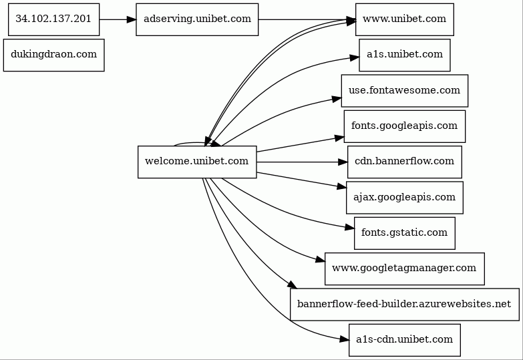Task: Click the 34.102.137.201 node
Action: coord(53,19)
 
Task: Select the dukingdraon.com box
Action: coord(53,55)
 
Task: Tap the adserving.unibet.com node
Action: coord(197,19)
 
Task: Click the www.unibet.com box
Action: coord(405,19)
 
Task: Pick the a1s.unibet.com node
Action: coord(405,55)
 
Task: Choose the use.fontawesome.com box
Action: coord(405,91)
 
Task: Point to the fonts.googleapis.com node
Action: coord(405,126)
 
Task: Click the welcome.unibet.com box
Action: coord(197,162)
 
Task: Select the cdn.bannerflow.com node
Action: coord(405,162)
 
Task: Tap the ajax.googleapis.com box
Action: coord(405,198)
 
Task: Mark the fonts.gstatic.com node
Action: coord(405,233)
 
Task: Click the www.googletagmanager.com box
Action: coord(405,269)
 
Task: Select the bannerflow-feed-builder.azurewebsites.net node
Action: coord(405,305)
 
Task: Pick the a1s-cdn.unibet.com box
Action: coord(405,340)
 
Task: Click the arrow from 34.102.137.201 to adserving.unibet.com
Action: coord(118,19)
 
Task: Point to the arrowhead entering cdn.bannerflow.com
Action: coord(343,162)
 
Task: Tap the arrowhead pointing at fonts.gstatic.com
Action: coord(349,228)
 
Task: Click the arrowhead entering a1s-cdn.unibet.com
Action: coord(344,339)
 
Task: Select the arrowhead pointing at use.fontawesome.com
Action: coord(337,99)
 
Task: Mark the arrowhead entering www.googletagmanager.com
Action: coord(320,260)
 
